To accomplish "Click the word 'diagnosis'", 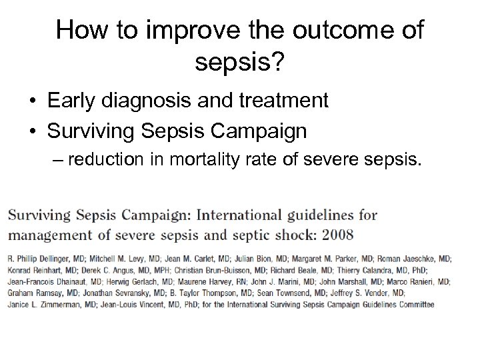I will pos(159,102).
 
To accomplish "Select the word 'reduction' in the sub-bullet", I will pos(107,160).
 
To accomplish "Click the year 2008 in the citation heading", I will pos(335,235).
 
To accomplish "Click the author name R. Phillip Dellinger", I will pos(40,258).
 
